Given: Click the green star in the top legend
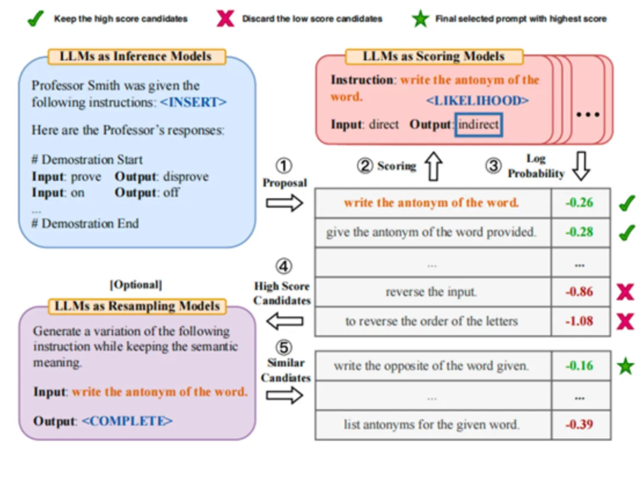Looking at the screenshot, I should click(x=421, y=19).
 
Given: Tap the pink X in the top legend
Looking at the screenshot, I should click(x=225, y=19).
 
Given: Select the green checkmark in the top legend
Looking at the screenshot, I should click(x=36, y=19).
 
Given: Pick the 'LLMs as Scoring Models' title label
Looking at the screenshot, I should click(x=434, y=57).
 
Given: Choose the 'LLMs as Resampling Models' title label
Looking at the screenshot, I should click(x=137, y=306).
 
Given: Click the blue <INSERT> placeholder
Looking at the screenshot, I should click(x=193, y=102).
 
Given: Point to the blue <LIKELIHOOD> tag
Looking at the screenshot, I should click(x=477, y=100).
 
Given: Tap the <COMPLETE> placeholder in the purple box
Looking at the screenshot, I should click(x=127, y=421).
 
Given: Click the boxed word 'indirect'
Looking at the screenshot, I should click(x=478, y=125).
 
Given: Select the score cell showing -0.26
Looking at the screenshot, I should click(x=580, y=203).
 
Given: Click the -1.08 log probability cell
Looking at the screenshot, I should click(x=580, y=321).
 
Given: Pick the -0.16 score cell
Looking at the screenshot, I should click(x=580, y=366).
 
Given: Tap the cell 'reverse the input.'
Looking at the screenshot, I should click(x=431, y=292).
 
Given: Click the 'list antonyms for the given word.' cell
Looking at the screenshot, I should click(x=431, y=425).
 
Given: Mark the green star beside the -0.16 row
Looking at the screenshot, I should click(x=625, y=366).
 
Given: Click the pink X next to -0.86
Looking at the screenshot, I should click(x=624, y=292).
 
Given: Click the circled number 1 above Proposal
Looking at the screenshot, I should click(x=284, y=165).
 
